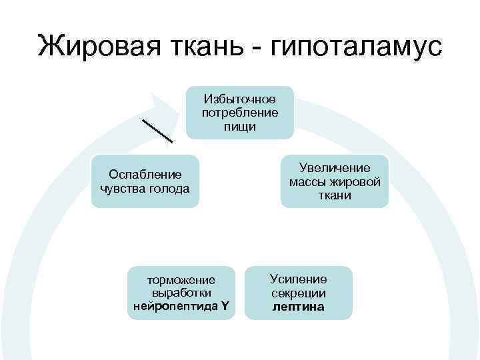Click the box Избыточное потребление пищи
(239, 112)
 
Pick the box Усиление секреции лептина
(298, 293)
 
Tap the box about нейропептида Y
(181, 293)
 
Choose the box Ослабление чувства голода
(145, 181)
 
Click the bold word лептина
(298, 307)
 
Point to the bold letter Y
(225, 307)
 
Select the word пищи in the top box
(239, 126)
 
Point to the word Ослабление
(145, 175)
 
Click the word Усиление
(298, 279)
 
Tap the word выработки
(181, 293)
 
